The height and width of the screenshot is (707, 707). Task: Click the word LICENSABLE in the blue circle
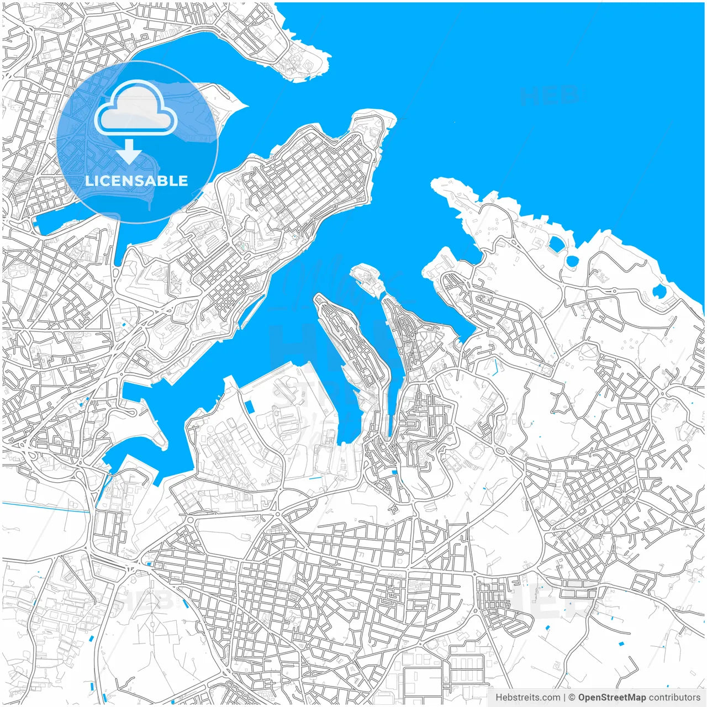[x=136, y=181]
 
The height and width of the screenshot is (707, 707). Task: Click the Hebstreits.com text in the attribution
[x=527, y=698]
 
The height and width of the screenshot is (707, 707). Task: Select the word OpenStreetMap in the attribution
[x=612, y=698]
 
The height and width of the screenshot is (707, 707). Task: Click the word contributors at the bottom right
[x=674, y=698]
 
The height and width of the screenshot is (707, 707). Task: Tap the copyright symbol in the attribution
[x=572, y=698]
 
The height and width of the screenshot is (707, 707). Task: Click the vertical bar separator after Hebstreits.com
[x=564, y=698]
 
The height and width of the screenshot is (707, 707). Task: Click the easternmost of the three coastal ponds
[x=659, y=291]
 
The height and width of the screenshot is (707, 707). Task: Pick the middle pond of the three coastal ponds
[x=572, y=260]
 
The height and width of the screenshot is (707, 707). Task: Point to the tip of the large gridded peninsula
[x=387, y=117]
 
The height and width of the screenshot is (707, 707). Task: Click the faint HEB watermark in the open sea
[x=548, y=96]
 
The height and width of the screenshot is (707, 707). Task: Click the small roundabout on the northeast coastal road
[x=613, y=291]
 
